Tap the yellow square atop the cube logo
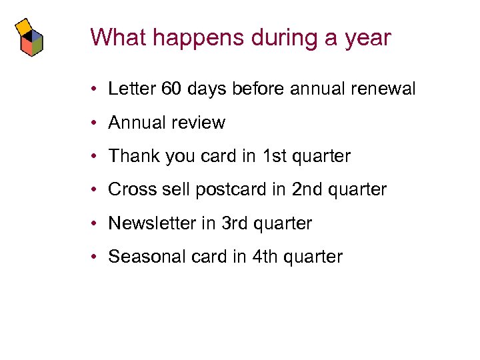[25, 27]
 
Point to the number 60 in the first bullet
[171, 89]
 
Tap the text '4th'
[266, 257]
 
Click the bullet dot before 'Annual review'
[97, 123]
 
